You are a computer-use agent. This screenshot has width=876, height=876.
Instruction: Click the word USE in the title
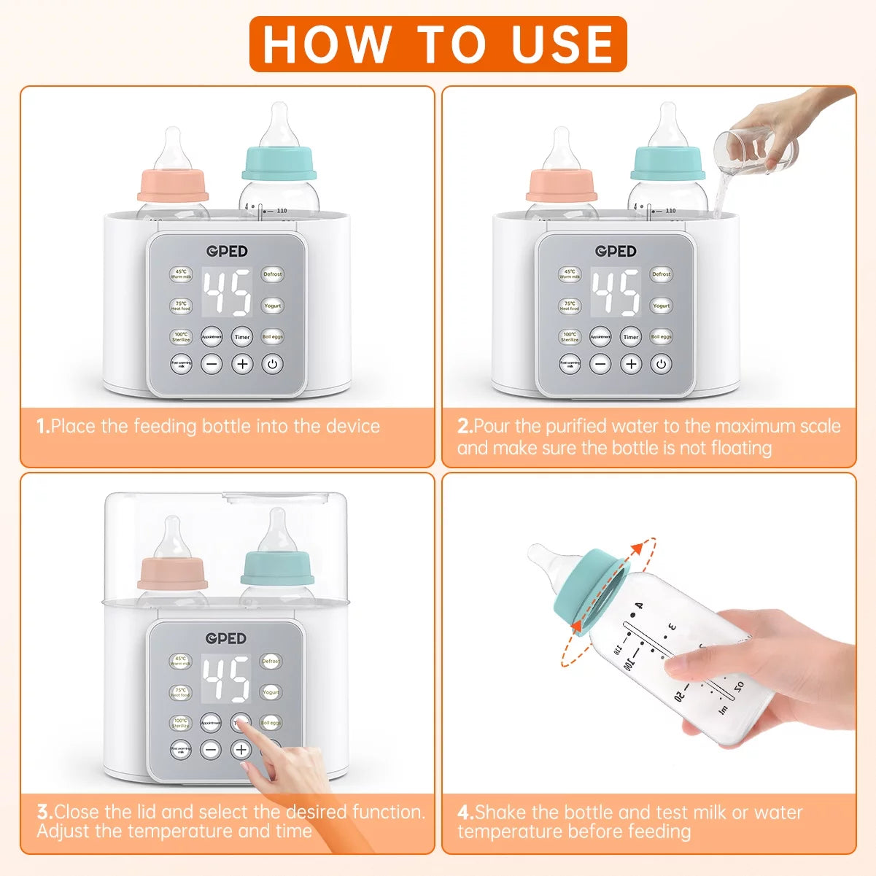coord(562,44)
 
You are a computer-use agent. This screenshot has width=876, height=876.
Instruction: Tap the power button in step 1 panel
coord(272,363)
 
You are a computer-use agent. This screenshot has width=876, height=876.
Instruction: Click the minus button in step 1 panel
coord(212,363)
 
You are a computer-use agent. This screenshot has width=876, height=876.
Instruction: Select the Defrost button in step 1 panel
coord(273,274)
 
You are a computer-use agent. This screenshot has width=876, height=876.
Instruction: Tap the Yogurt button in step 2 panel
coord(662,306)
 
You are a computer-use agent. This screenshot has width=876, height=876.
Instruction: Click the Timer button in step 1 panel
coord(242,336)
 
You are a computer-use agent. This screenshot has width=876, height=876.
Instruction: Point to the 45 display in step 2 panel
coord(616,292)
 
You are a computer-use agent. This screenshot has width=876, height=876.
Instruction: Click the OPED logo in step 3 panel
coord(226,638)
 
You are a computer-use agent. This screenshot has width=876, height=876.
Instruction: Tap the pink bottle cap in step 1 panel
coord(173,185)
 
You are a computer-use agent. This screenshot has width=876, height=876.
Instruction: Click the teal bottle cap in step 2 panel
coord(667,163)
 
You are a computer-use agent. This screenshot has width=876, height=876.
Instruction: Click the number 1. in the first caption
coord(43,426)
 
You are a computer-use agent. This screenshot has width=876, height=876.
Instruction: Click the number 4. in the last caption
coord(465,812)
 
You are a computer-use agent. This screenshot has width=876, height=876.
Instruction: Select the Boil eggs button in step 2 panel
coord(662,336)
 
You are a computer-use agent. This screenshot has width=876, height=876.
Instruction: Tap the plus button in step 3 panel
coord(241,749)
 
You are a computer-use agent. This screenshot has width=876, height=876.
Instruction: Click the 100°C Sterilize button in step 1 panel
coord(181,336)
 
